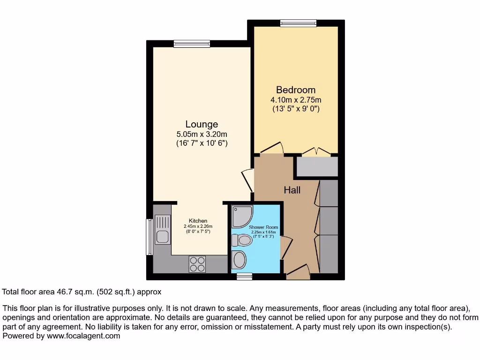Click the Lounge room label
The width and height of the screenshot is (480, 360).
tap(202, 124)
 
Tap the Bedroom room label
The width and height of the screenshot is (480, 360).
tap(295, 90)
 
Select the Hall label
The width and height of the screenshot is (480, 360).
tap(292, 190)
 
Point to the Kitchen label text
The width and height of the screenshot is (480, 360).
tap(198, 221)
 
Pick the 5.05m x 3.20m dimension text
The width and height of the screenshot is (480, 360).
tap(202, 135)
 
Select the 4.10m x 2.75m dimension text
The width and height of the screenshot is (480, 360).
tap(295, 100)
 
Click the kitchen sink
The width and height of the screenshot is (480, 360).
tap(163, 229)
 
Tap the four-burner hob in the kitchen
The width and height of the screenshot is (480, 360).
tap(197, 264)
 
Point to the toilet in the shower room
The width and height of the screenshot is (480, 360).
tap(242, 240)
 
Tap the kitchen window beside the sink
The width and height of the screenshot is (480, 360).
tap(150, 237)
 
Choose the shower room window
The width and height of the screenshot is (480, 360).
tap(244, 277)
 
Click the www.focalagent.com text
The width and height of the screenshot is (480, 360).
tap(83, 336)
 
